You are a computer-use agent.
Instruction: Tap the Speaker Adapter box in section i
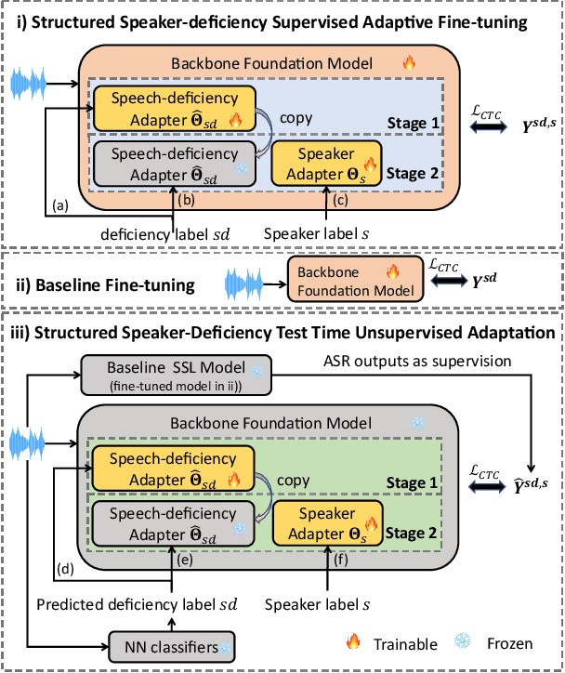tap(326, 163)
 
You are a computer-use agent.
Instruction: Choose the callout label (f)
tap(341, 561)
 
